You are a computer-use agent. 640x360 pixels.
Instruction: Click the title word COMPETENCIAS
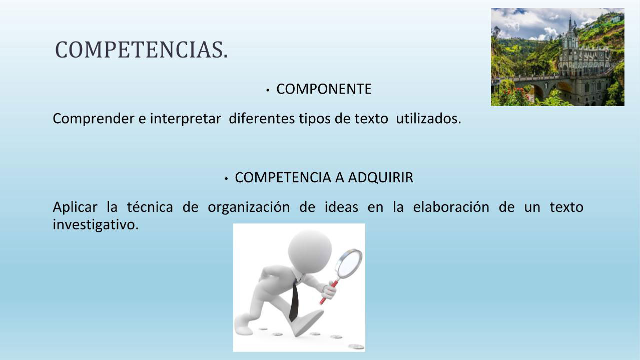click(142, 50)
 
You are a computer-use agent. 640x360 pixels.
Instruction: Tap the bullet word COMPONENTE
click(324, 89)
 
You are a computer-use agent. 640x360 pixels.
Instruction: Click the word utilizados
click(428, 118)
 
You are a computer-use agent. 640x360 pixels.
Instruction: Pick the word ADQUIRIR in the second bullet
click(381, 178)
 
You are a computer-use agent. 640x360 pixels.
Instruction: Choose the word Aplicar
click(75, 207)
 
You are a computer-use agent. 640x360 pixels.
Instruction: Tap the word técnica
click(150, 207)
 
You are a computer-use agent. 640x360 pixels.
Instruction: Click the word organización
click(249, 207)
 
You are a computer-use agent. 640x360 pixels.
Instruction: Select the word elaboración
click(451, 207)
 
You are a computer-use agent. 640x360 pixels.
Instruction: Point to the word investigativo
click(96, 225)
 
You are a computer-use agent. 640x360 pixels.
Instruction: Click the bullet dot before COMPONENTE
click(267, 90)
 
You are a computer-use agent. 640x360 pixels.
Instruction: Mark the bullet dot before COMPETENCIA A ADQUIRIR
click(226, 179)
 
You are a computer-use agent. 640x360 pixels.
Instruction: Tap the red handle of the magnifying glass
click(329, 292)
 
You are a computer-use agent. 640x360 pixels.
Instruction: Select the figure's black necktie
click(294, 301)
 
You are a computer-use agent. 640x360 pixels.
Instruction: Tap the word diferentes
click(262, 118)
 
